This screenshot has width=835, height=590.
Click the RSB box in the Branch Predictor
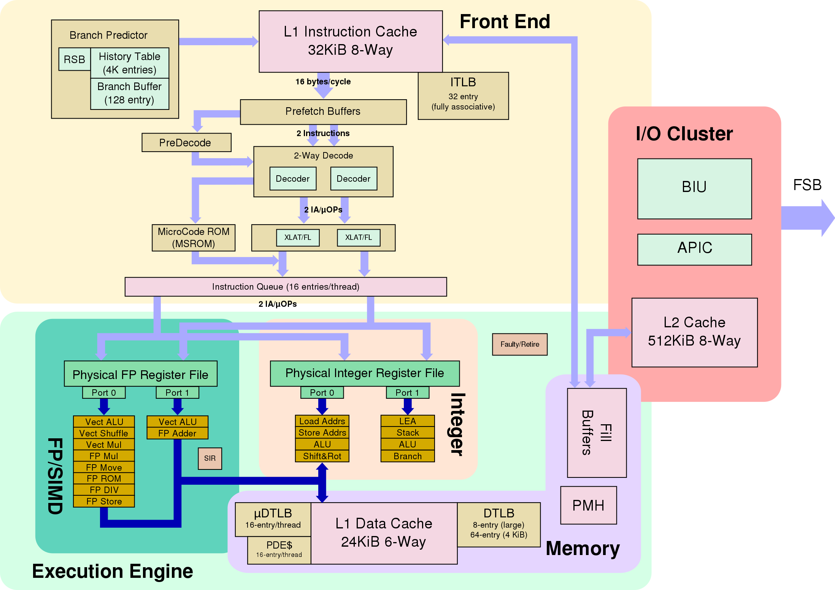75,59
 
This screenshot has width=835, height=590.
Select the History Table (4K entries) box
130,63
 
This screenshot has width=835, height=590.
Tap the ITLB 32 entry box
463,96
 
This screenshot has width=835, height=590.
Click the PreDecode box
186,143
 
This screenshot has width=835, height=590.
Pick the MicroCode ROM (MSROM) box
194,238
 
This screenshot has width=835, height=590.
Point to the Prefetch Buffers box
323,112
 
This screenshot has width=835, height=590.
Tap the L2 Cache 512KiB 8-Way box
694,332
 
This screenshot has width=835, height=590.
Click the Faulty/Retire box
519,344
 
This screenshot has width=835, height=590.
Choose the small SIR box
210,458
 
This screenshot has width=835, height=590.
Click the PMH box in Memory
588,505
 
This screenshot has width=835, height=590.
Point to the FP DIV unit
104,490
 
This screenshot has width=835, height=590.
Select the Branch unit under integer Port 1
408,456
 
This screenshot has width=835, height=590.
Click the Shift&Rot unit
322,456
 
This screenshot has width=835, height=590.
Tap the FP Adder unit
177,433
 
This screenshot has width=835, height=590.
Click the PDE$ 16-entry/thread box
279,550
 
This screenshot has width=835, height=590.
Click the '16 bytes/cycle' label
323,82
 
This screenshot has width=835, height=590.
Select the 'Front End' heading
505,22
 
